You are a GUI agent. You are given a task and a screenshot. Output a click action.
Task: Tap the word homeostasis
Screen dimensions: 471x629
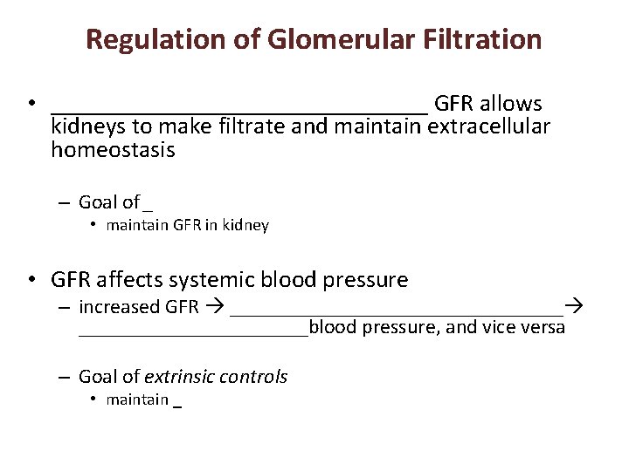tap(113, 150)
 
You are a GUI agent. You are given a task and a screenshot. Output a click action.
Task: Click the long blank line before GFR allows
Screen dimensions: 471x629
tap(239, 110)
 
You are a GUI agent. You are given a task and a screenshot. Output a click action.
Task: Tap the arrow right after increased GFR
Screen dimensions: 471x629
tap(215, 307)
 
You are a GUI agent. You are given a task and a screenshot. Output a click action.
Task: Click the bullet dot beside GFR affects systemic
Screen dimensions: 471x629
tap(31, 281)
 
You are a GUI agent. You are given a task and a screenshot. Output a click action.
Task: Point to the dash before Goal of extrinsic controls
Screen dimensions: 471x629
tap(64, 378)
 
